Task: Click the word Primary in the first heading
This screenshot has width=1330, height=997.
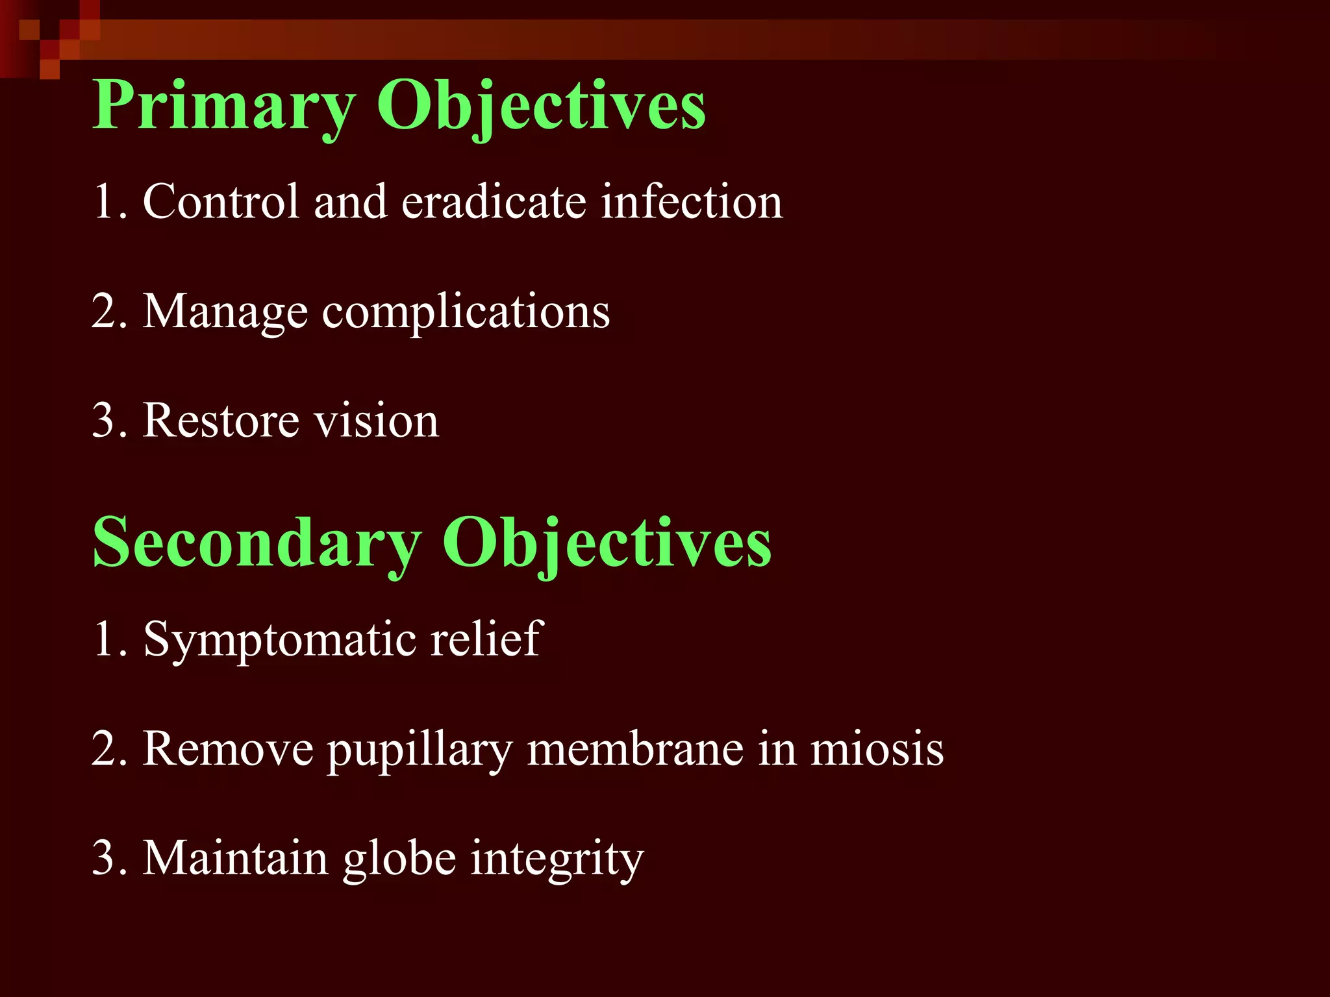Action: click(x=224, y=106)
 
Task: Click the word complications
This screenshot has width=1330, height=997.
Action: click(x=466, y=313)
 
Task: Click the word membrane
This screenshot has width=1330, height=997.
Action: click(x=635, y=749)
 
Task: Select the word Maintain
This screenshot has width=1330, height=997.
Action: click(x=235, y=858)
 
